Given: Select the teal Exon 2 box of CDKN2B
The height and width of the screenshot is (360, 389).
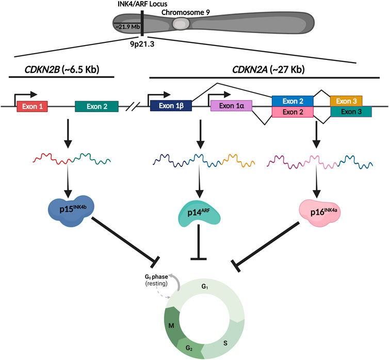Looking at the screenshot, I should (96, 106).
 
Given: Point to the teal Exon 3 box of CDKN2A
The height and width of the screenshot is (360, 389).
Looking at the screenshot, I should (351, 112).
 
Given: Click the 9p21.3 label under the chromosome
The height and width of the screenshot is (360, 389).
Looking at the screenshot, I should (141, 45).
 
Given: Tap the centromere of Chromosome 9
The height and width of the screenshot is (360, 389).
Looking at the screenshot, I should (181, 23).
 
